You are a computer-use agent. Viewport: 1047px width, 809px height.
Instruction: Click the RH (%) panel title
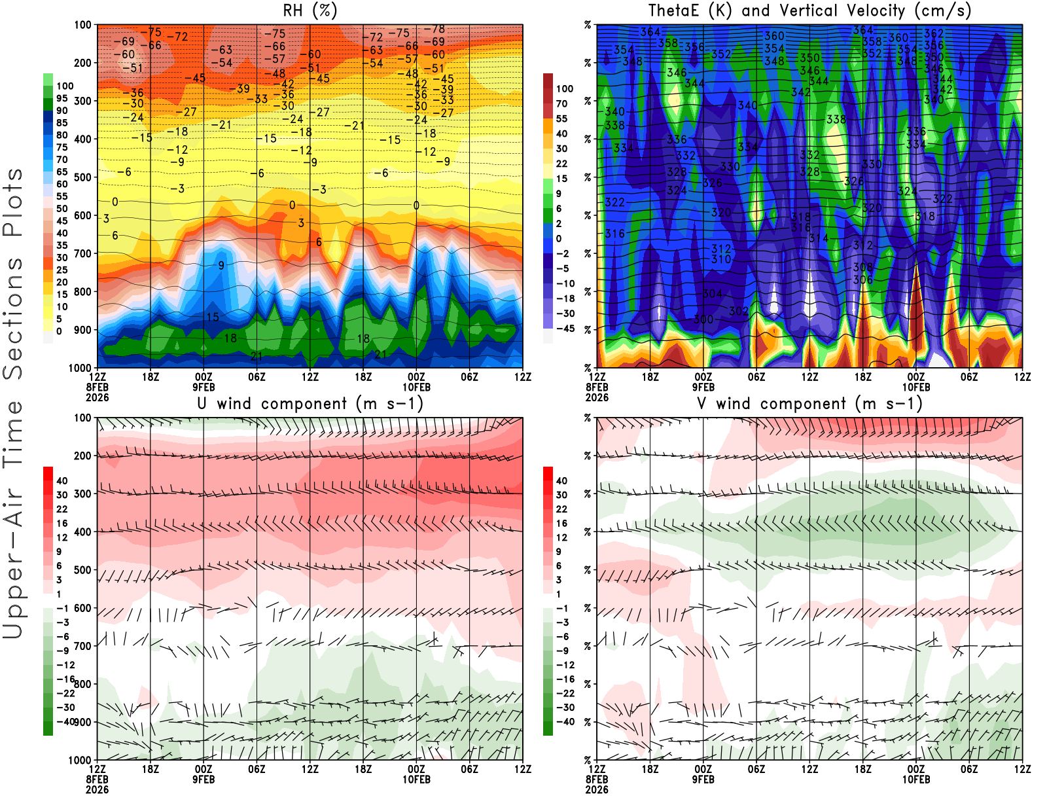310,11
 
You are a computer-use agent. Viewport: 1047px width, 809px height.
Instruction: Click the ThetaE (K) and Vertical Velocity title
809,11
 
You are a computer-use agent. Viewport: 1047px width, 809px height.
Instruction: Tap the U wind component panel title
310,404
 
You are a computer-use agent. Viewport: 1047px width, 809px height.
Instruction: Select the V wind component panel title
809,404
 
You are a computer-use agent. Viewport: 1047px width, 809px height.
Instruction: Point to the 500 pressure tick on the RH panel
83,177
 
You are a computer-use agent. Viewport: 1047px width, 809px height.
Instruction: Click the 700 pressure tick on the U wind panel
83,646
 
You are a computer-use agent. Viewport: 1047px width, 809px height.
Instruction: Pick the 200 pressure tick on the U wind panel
83,456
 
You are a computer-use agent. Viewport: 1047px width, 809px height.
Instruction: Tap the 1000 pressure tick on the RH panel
80,368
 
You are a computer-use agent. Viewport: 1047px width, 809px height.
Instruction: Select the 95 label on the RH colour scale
62,98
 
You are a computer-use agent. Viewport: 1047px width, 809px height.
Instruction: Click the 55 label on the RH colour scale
62,196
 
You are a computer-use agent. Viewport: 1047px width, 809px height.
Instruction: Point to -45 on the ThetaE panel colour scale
565,329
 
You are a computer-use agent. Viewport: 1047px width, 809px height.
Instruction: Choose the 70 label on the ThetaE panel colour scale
561,103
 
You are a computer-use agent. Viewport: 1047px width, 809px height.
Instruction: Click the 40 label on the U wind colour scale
62,481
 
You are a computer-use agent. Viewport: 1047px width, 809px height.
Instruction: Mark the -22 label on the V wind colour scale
565,693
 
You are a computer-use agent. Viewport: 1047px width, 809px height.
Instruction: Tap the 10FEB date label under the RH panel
416,387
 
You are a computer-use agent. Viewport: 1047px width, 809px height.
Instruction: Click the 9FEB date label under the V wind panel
703,780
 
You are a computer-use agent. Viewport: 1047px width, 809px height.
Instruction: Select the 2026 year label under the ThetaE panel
597,397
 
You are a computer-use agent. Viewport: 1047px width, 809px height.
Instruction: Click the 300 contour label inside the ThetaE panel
703,319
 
